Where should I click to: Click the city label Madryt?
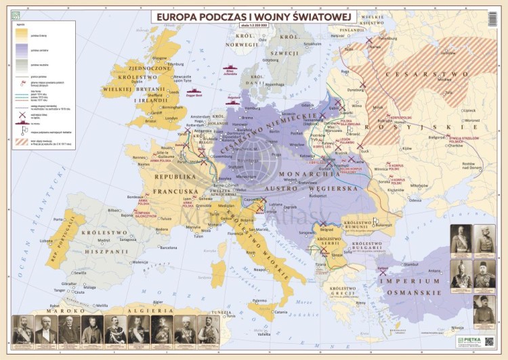click(x=103, y=240)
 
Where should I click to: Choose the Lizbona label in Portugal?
click(x=46, y=241)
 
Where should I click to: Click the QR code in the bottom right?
click(x=489, y=342)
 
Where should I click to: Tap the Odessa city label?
click(x=415, y=201)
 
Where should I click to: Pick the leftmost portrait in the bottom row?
click(x=22, y=330)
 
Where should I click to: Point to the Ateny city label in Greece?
click(x=360, y=303)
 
